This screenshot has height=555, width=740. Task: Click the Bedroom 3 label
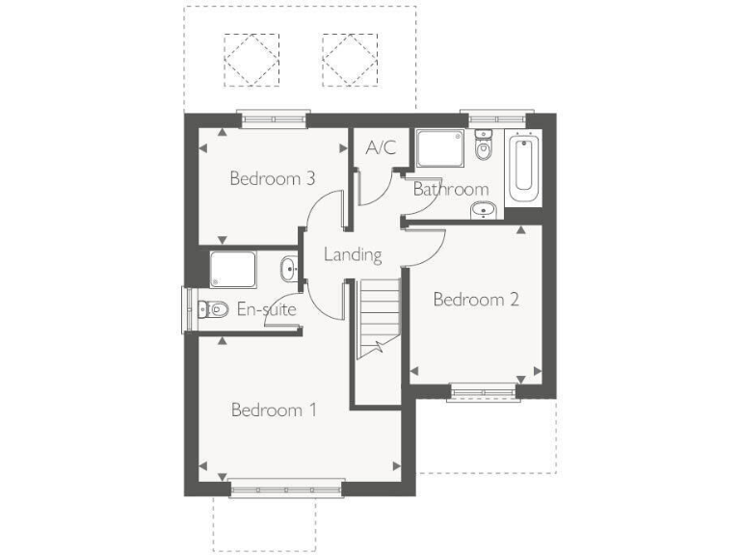273,178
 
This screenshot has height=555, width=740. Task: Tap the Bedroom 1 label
274,410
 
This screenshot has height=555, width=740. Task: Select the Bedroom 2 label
476,300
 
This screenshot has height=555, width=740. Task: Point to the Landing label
353,255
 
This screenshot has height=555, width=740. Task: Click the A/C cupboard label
381,149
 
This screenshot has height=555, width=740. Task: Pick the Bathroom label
450,189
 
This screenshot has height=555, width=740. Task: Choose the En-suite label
266,310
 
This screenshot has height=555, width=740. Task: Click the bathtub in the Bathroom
524,167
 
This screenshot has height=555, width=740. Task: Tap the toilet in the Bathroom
484,148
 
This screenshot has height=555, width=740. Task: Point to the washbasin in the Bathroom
482,210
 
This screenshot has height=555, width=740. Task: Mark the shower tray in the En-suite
233,268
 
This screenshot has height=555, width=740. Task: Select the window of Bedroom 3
274,119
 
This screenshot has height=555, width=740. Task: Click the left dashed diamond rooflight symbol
251,60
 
